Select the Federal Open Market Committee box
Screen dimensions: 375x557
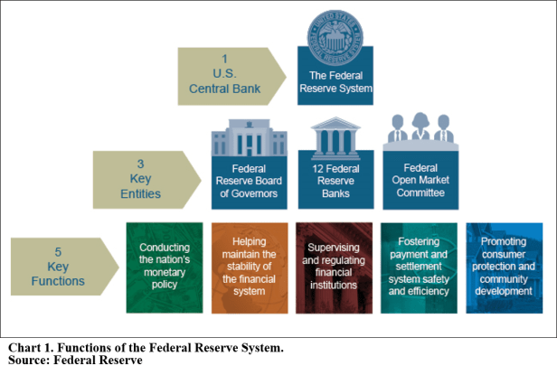pyautogui.click(x=421, y=184)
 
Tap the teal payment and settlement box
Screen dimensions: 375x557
pyautogui.click(x=420, y=267)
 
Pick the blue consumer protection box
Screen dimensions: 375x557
pyautogui.click(x=505, y=267)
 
